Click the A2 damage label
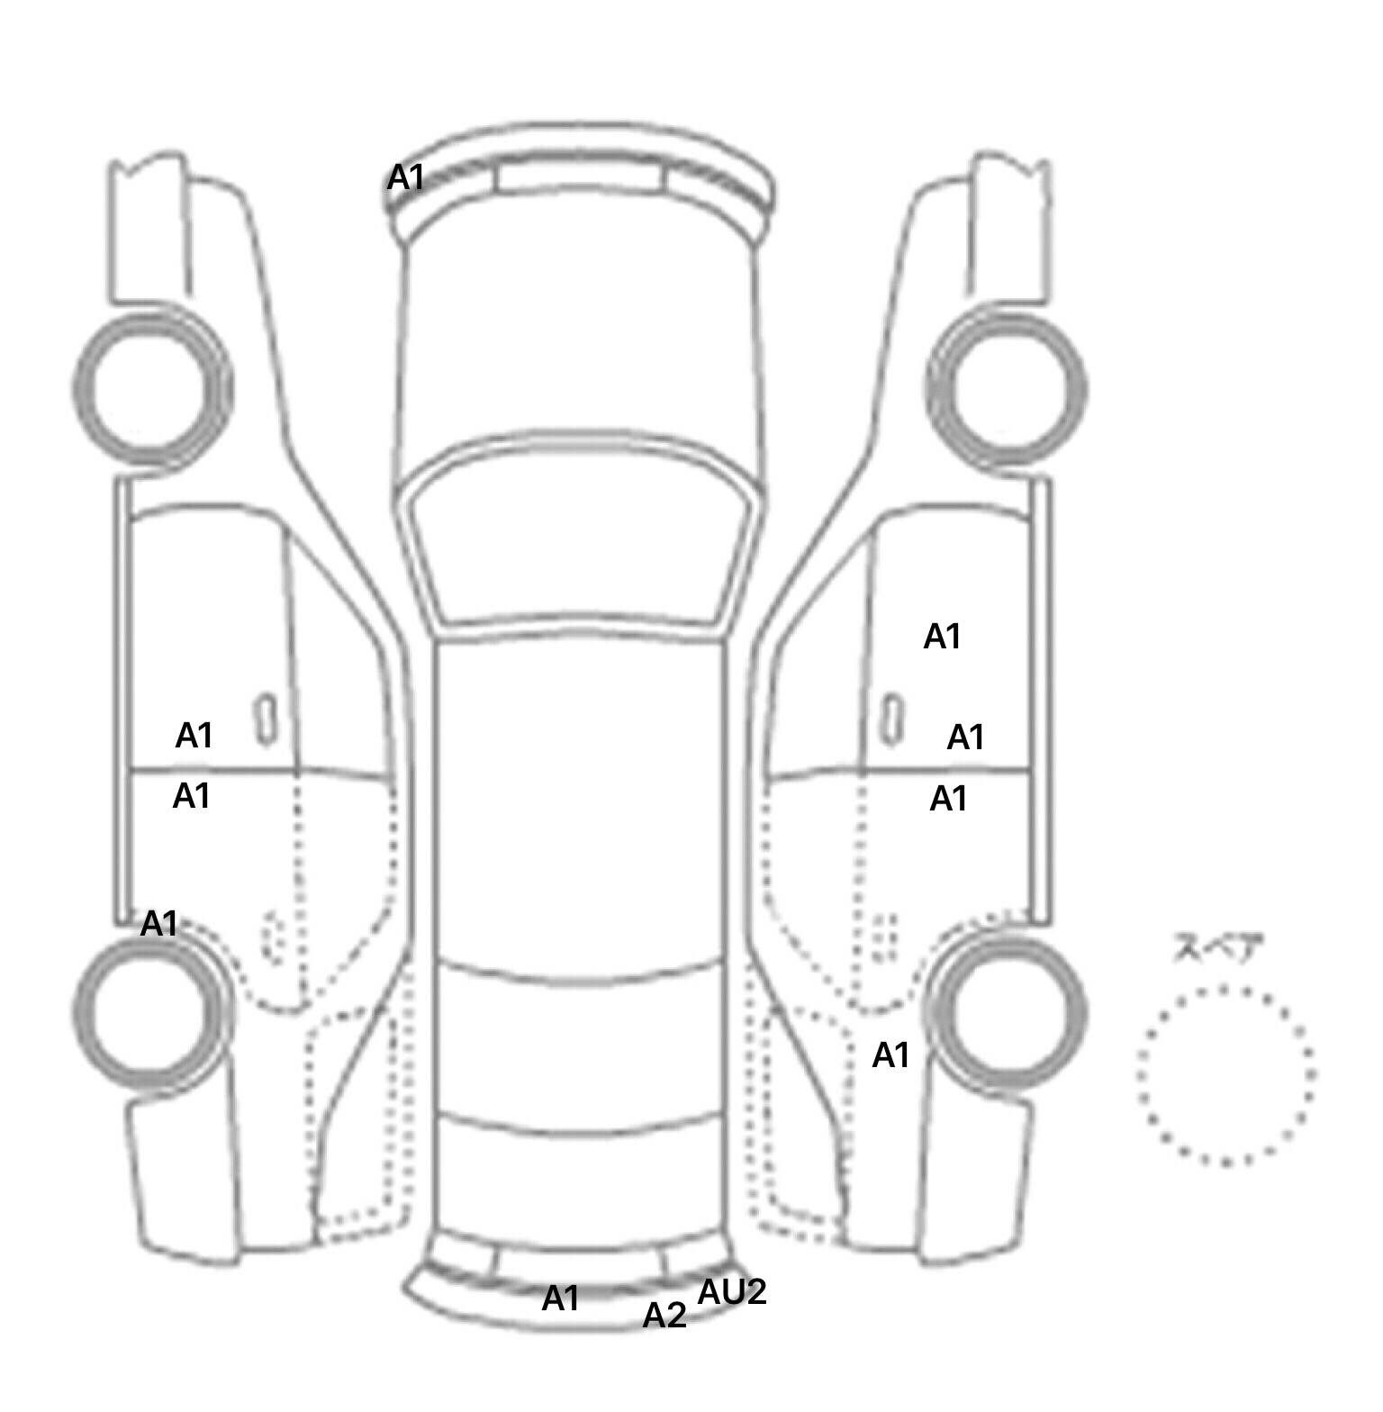click(x=664, y=1316)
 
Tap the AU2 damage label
click(x=732, y=1292)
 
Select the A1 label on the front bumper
click(x=405, y=178)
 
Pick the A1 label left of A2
click(x=560, y=1299)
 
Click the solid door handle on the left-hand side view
click(x=267, y=720)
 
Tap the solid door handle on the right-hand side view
click(x=891, y=720)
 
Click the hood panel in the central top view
click(x=579, y=342)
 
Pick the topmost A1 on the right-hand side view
click(x=943, y=637)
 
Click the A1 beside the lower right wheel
click(x=891, y=1054)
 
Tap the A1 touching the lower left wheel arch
click(x=159, y=924)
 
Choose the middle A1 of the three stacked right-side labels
click(x=966, y=738)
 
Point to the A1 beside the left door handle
click(x=194, y=736)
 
